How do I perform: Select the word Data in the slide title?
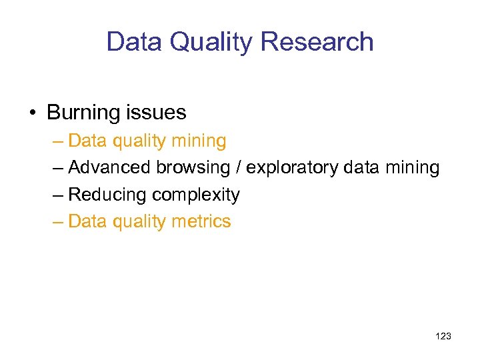(134, 42)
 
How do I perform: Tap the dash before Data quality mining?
(58, 141)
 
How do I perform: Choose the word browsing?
(193, 168)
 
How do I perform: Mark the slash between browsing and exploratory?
(238, 168)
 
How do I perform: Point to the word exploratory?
(292, 168)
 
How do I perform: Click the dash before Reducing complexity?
(58, 195)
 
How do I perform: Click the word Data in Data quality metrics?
(83, 221)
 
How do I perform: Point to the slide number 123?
(443, 337)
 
